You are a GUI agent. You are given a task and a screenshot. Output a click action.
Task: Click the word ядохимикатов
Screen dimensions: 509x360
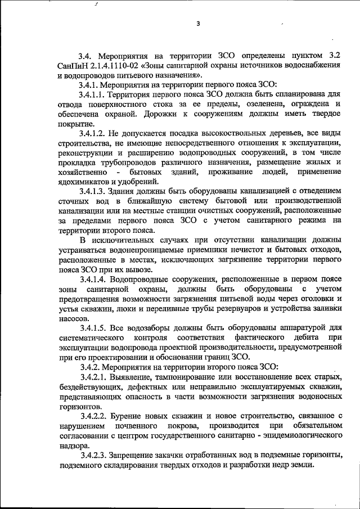83,181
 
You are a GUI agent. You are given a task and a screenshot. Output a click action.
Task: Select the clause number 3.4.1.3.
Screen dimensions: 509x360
92,191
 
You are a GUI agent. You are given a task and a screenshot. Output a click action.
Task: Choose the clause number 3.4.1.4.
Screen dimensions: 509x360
92,278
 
